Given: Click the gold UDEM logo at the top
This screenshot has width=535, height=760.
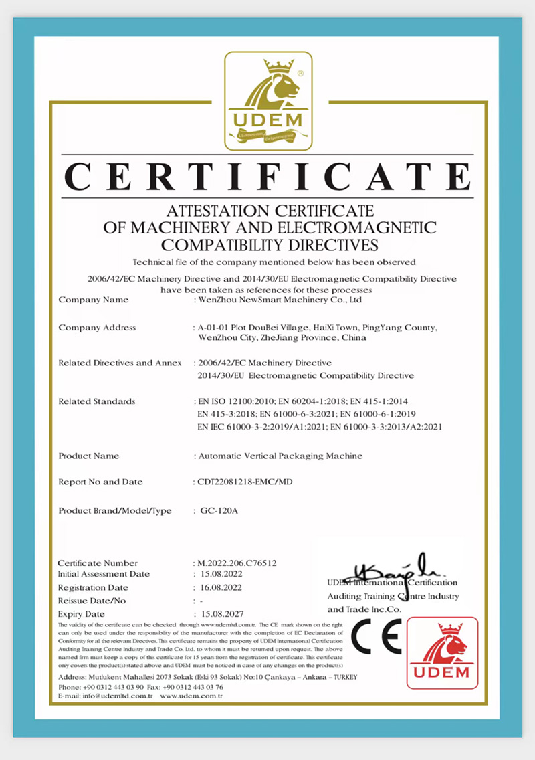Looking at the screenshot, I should [x=267, y=100].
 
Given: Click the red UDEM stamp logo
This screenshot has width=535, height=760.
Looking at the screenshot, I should [x=442, y=653].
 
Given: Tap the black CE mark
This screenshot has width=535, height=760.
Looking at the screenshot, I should [x=377, y=636].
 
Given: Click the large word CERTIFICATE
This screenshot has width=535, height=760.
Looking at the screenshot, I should [x=267, y=177].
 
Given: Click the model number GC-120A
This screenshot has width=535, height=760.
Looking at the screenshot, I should [x=219, y=511].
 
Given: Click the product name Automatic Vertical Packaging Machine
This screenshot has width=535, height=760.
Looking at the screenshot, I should [x=282, y=456].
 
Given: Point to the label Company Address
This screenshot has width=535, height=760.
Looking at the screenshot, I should [x=97, y=328].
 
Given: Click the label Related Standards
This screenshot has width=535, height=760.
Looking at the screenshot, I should [x=97, y=401].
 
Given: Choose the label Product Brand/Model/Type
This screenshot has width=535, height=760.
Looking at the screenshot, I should [x=115, y=511].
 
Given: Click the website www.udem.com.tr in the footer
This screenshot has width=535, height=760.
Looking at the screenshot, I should [x=191, y=696].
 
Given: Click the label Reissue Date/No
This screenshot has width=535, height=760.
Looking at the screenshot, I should [x=92, y=601].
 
